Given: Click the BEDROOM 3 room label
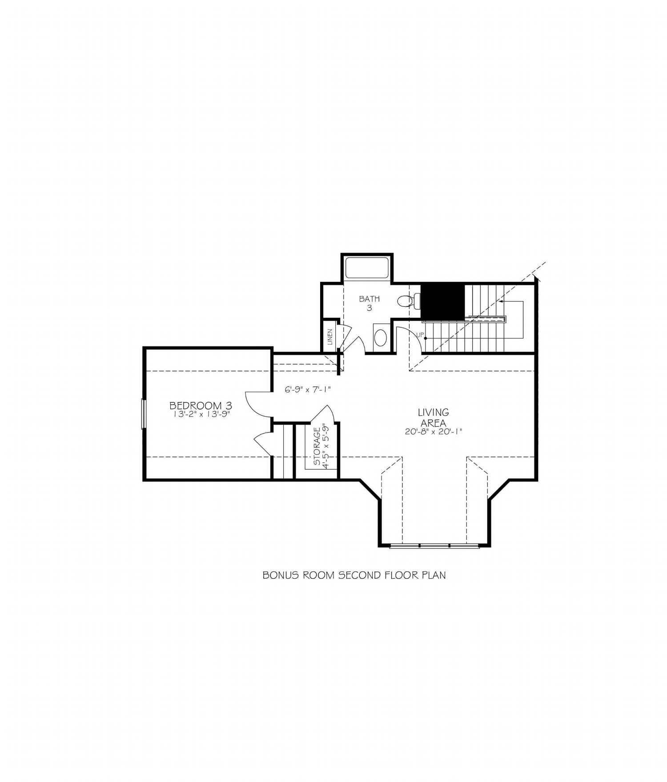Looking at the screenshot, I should (x=201, y=405).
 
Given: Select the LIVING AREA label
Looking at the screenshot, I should (x=433, y=418).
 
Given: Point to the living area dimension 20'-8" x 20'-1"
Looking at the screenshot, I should (x=433, y=431).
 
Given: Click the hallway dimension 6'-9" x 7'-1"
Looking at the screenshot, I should (x=308, y=390).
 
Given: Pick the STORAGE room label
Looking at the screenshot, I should (x=317, y=446).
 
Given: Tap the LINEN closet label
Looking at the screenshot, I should (x=330, y=337).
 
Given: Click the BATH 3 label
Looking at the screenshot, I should (x=369, y=303).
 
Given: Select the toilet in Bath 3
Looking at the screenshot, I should (x=408, y=301).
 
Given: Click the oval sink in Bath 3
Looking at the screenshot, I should (x=381, y=338).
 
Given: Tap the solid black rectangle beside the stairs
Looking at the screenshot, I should (x=442, y=301).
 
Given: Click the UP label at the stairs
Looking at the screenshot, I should (x=420, y=335).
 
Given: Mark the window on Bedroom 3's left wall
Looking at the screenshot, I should (x=144, y=414).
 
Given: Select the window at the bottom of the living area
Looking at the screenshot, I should (x=434, y=545).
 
